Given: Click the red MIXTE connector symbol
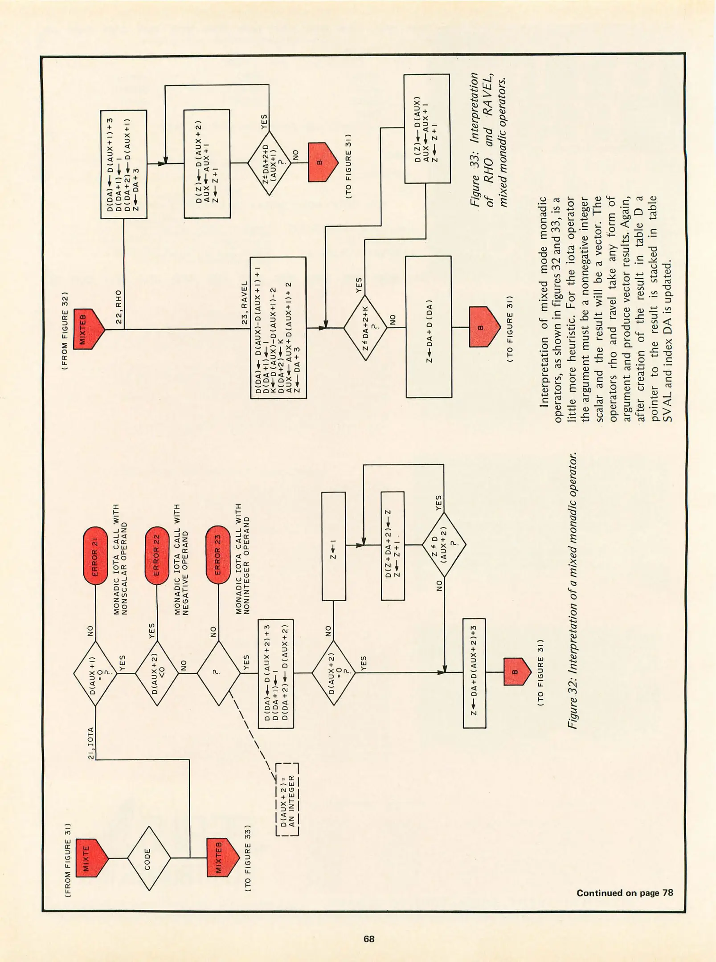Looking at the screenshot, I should pos(91,857).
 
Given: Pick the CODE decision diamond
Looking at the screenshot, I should pos(148,857).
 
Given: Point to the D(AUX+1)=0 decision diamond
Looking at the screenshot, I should pos(95,673).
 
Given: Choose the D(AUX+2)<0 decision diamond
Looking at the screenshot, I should pos(156,673).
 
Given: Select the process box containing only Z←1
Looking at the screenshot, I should pos(333,546).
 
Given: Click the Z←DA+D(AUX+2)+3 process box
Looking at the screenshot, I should pos(474,673).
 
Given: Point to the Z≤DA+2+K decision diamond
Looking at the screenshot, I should pos(365,328).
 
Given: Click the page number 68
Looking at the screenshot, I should pos(369,939).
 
